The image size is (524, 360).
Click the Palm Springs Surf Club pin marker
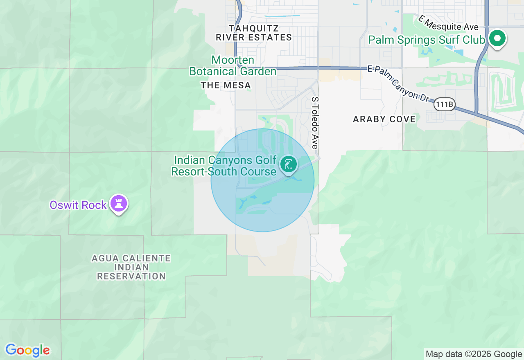(497, 39)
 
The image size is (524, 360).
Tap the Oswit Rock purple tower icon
(119, 203)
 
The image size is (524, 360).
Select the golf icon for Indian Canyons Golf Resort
(289, 164)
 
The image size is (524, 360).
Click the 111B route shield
(444, 104)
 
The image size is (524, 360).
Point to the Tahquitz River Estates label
(254, 33)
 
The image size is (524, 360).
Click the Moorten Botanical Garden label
(233, 66)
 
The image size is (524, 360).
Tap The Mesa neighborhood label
(226, 85)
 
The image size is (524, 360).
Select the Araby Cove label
(384, 119)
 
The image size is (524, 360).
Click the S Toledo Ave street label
(314, 123)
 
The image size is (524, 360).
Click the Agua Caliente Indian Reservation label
(131, 267)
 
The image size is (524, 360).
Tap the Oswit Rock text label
(78, 205)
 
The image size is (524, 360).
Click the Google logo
(27, 350)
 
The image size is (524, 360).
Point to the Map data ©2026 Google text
(474, 354)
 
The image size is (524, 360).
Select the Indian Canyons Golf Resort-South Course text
(224, 166)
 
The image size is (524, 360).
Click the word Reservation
(131, 276)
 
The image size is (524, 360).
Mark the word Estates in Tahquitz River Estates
(272, 38)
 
